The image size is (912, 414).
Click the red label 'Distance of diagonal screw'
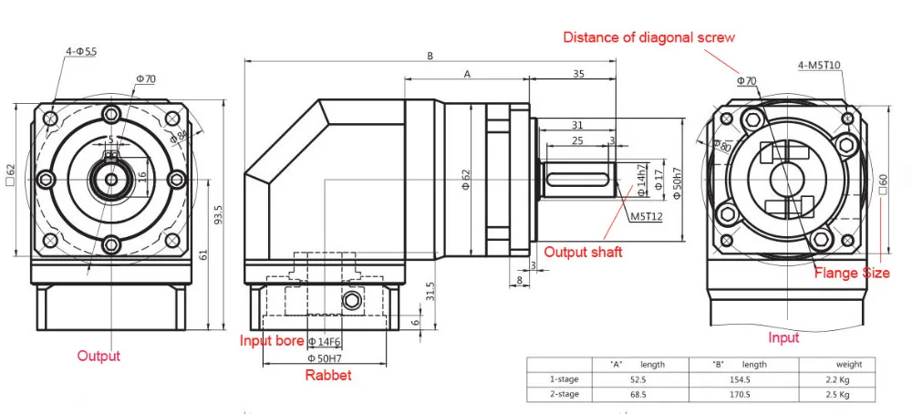coord(648,37)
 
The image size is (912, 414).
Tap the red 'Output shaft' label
coord(583,252)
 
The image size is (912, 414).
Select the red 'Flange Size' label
coord(852,273)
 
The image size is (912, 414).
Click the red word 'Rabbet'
coord(328,375)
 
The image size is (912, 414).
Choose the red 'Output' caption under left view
coord(98,356)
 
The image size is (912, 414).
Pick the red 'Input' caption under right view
coord(783,337)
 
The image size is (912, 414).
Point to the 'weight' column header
coord(835,364)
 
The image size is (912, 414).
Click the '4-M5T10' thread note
coord(819,66)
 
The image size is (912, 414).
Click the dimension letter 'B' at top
coord(430,56)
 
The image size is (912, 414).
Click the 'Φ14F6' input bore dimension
coord(324,342)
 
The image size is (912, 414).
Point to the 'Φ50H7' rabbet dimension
coord(324,358)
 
